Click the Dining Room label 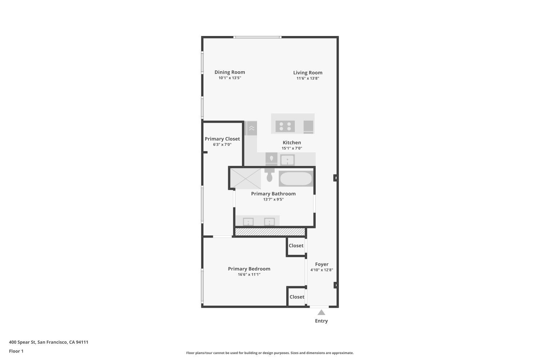(x=230, y=72)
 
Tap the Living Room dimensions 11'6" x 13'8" (x=308, y=78)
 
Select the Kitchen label (x=292, y=143)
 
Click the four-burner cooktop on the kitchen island (x=285, y=126)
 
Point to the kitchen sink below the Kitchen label (x=287, y=159)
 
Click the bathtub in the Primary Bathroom (x=296, y=179)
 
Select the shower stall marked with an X (x=246, y=178)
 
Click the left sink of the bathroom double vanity (x=248, y=222)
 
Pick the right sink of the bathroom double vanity (x=269, y=222)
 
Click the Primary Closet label (x=222, y=139)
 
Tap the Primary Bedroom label (x=249, y=269)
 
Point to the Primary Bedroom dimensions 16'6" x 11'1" (x=249, y=274)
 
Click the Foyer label (x=321, y=264)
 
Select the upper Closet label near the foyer (x=296, y=246)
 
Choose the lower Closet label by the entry (x=297, y=297)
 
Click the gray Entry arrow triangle (x=321, y=312)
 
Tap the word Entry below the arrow (x=321, y=321)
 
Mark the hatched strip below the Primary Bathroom (x=270, y=232)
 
